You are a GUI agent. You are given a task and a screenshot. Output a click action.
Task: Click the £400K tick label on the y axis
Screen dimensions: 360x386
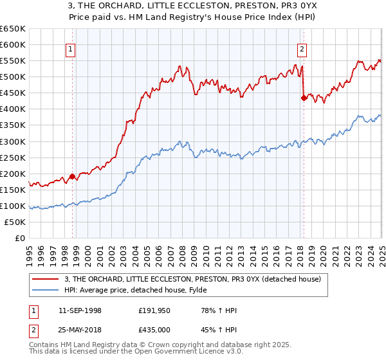12,109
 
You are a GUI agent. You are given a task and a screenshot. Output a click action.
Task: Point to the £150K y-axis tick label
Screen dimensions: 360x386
12,190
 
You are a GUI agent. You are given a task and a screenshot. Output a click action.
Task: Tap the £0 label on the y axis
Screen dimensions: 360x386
20,238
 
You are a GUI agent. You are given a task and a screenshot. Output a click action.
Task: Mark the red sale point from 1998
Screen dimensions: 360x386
72,175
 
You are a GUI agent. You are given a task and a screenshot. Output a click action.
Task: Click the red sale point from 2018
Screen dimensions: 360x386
304,98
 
